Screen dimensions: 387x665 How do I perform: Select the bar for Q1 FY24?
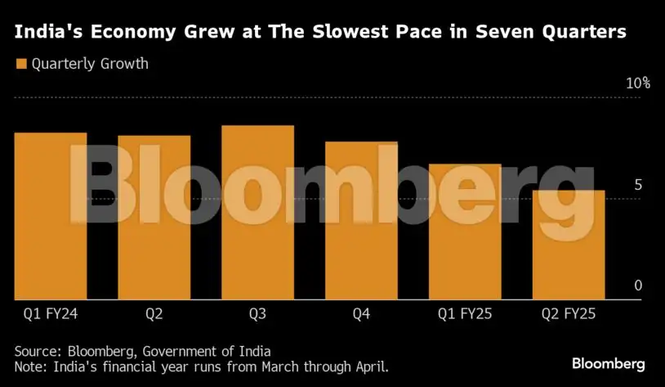click(51, 216)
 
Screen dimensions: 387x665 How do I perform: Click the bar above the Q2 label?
click(154, 218)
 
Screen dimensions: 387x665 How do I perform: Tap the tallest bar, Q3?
click(257, 213)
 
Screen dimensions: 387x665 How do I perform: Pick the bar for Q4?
click(361, 221)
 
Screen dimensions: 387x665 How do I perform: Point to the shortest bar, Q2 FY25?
click(569, 245)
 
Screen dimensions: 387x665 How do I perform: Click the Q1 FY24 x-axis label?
click(51, 313)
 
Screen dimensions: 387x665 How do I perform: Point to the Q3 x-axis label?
click(257, 313)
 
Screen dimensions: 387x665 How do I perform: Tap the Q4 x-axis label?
click(361, 313)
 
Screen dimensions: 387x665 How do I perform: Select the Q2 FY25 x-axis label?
click(569, 313)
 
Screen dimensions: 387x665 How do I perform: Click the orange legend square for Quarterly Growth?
click(20, 63)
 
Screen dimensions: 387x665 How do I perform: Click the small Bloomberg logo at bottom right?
click(608, 363)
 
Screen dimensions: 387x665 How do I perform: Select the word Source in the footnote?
click(38, 350)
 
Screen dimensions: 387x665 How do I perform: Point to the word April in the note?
click(369, 367)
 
